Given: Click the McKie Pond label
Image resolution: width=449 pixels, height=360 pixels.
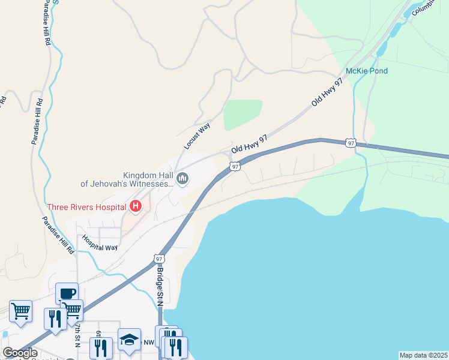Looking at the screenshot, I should [x=367, y=71].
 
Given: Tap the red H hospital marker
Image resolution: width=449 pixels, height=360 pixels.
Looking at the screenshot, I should [x=136, y=207].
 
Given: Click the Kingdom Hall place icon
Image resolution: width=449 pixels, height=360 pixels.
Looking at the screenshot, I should [x=183, y=178].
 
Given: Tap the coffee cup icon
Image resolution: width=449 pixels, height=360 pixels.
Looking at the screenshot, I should [x=67, y=293].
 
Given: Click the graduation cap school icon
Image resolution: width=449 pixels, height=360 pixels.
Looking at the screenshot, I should [x=129, y=339].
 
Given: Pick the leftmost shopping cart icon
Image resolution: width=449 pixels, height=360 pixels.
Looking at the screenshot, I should [x=20, y=311].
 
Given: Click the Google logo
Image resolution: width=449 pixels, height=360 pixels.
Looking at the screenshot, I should [x=20, y=353].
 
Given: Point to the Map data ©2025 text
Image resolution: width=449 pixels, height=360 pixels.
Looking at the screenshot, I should [x=423, y=355].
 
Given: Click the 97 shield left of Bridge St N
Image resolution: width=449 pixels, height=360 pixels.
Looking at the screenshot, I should [x=158, y=259].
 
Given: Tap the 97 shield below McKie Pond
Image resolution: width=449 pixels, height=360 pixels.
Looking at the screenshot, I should [x=351, y=143].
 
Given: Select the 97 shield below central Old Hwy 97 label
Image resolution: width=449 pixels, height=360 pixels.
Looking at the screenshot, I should [x=235, y=166].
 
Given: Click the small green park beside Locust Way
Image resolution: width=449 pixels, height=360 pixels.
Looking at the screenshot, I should [x=243, y=115].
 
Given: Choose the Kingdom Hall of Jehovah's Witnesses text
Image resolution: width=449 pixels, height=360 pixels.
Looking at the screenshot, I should [x=127, y=179].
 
